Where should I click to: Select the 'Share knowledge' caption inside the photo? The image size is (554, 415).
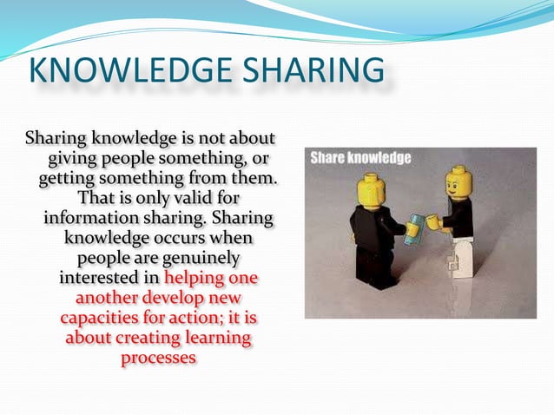click(360, 159)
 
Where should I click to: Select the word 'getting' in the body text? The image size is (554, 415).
click(69, 178)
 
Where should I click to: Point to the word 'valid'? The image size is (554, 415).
click(191, 198)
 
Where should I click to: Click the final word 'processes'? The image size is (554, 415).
click(156, 357)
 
